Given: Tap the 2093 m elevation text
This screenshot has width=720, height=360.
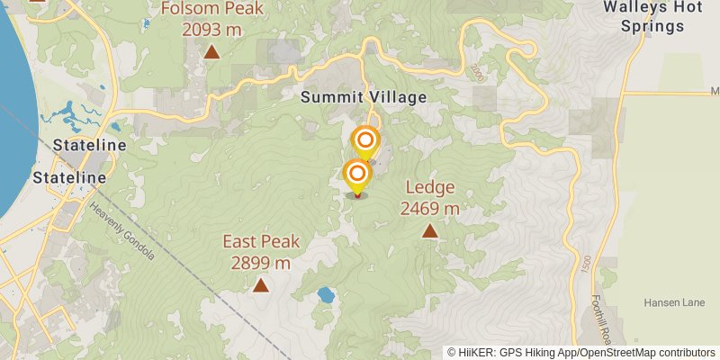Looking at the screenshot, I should click(x=211, y=29).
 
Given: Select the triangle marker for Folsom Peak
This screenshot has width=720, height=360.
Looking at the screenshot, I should click(x=211, y=52).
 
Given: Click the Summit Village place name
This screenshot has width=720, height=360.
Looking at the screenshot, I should click(x=364, y=97).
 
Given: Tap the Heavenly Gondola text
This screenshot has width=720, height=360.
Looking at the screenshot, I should click(x=121, y=230).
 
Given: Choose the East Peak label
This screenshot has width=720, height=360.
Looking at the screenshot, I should click(x=261, y=241).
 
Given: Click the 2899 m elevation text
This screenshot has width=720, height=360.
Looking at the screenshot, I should click(x=261, y=263).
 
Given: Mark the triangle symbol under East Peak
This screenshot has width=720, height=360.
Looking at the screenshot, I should click(x=261, y=286).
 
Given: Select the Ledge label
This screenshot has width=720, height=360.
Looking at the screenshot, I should click(x=430, y=188).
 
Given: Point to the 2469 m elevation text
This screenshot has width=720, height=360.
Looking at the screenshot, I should click(x=430, y=209).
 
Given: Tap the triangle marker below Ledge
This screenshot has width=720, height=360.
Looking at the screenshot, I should click(x=430, y=231).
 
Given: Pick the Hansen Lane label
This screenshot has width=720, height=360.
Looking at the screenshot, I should click(x=674, y=303).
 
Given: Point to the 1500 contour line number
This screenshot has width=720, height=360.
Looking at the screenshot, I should click(x=587, y=265).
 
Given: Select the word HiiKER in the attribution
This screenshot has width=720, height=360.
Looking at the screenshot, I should click(x=475, y=352).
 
